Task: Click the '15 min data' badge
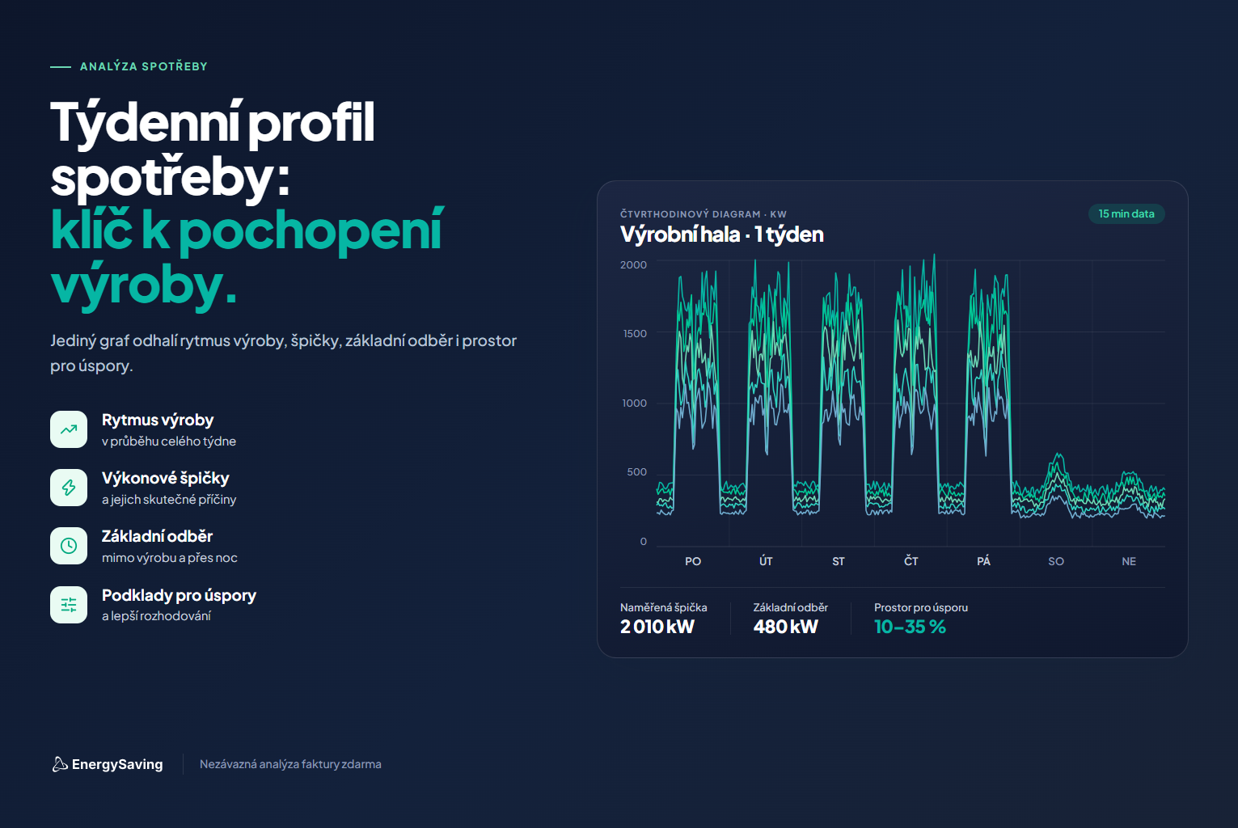point(1126,214)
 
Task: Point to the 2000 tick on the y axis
point(633,264)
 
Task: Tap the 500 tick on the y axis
point(636,472)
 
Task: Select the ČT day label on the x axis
point(911,561)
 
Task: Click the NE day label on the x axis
point(1129,562)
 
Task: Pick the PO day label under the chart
point(693,562)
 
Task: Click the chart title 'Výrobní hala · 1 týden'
point(722,235)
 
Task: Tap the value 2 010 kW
point(657,627)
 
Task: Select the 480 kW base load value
point(785,627)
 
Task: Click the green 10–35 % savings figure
point(910,627)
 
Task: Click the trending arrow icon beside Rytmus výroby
point(69,429)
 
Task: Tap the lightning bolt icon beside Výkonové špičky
point(69,488)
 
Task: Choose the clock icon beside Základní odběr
point(69,546)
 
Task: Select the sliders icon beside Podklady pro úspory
point(69,605)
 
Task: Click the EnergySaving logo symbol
point(60,764)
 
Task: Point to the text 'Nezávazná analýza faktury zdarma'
point(290,764)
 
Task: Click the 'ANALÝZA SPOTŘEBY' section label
point(144,66)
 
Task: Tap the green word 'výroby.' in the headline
point(144,286)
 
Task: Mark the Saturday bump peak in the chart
point(1058,454)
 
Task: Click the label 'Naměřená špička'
point(663,607)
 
